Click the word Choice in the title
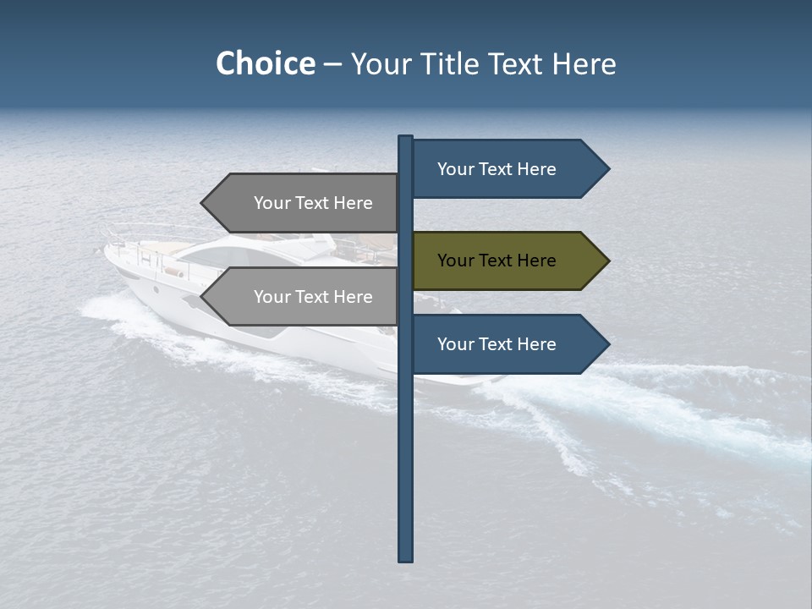tap(265, 64)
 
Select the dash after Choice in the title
tap(332, 64)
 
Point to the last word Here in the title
tap(584, 64)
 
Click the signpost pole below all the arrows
tap(406, 465)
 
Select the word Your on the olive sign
tap(455, 261)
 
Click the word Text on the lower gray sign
tap(312, 297)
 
